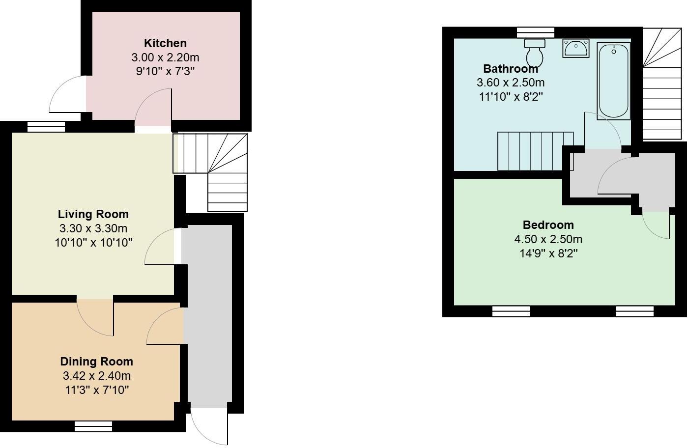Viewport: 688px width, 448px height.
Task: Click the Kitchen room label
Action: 165,43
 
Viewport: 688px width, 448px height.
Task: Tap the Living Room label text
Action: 93,214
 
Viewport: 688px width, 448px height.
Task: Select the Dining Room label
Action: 96,362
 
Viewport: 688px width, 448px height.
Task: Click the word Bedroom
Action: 548,225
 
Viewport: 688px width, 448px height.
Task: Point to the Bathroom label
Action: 510,68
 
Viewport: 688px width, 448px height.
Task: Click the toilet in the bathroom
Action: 535,53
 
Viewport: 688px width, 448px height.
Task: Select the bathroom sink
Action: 576,48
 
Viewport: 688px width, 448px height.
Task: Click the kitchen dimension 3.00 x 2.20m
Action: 165,57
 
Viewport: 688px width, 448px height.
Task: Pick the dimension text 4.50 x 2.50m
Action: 548,239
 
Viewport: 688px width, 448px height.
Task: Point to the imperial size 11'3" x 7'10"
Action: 97,390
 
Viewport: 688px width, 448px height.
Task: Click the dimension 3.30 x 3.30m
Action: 93,228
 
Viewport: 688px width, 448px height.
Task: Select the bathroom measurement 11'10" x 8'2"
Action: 510,97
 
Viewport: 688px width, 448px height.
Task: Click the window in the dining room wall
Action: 93,426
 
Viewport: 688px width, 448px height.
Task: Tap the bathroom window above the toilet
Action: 536,32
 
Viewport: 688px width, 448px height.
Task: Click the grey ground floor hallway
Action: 209,314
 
